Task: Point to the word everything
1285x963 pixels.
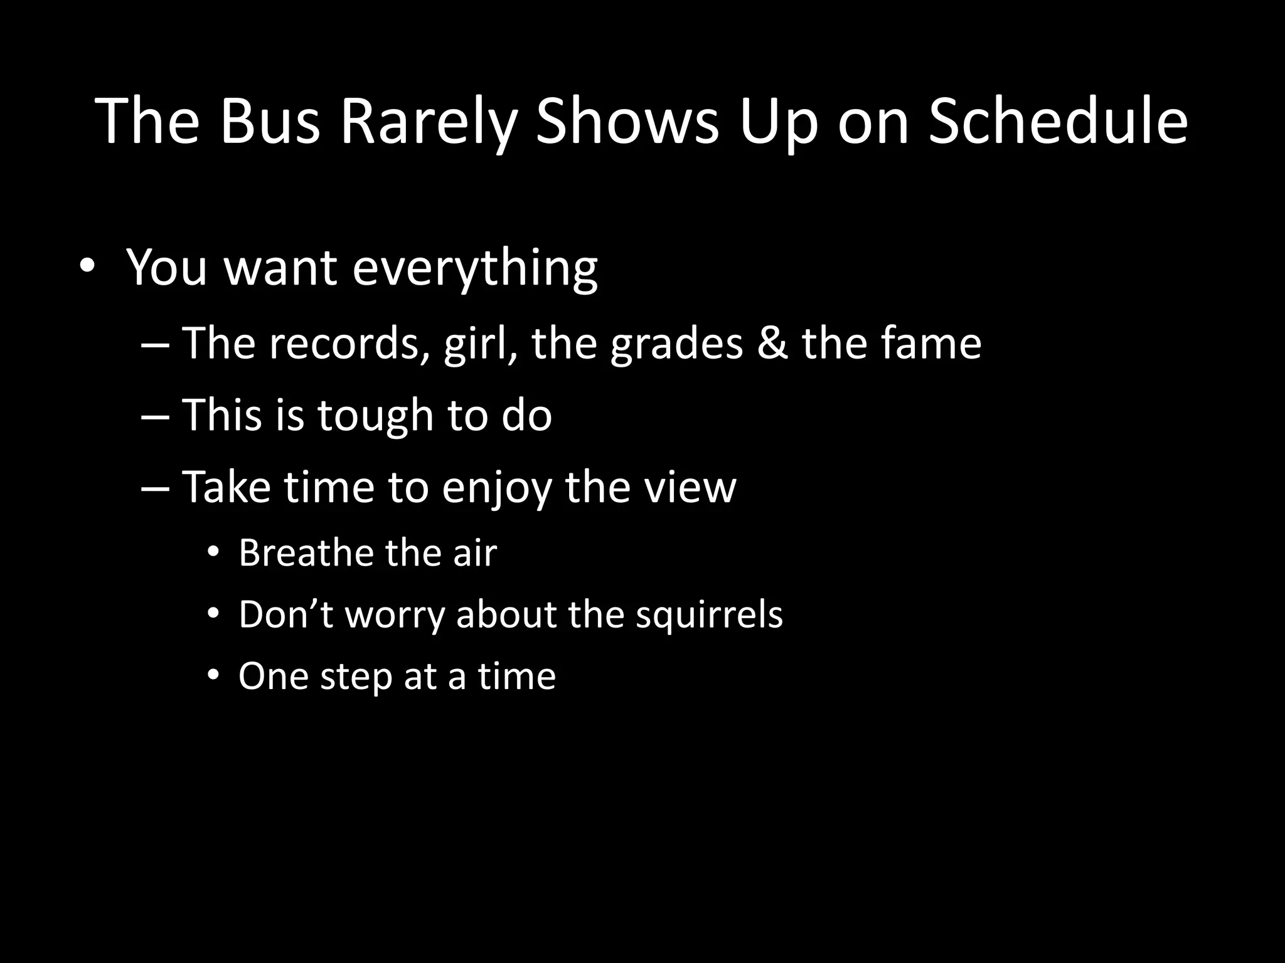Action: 475,268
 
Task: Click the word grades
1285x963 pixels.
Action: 676,345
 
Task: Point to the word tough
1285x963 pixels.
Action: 375,416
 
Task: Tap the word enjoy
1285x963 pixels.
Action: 496,488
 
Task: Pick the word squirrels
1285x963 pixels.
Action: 709,614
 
